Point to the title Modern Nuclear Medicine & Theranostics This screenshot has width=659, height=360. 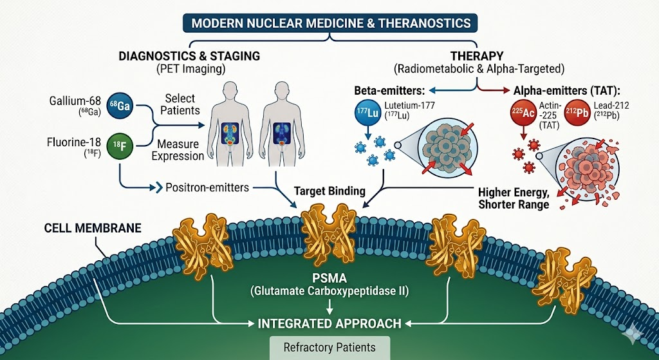pyautogui.click(x=329, y=23)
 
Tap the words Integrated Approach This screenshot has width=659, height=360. pyautogui.click(x=329, y=323)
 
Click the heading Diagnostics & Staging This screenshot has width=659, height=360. pyautogui.click(x=189, y=56)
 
